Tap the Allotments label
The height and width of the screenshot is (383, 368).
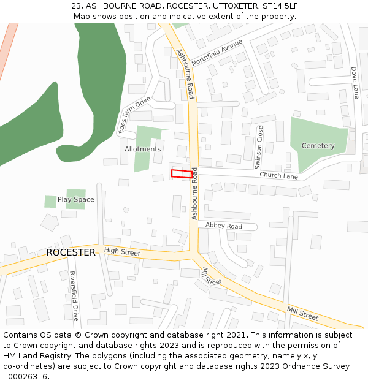143,149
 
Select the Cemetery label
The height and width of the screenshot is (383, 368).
318,146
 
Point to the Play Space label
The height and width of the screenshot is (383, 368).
76,199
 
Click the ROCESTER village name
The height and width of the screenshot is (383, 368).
71,252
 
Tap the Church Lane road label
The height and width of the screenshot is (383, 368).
278,176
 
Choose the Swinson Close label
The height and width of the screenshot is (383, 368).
259,147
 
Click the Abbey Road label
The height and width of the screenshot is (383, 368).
224,226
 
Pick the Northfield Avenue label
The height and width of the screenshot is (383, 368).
217,53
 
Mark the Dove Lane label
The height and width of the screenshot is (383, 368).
355,83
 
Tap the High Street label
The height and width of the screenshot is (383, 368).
122,251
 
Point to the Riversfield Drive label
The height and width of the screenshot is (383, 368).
74,296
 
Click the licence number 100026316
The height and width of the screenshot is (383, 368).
25,376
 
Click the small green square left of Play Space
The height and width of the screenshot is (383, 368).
50,202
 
